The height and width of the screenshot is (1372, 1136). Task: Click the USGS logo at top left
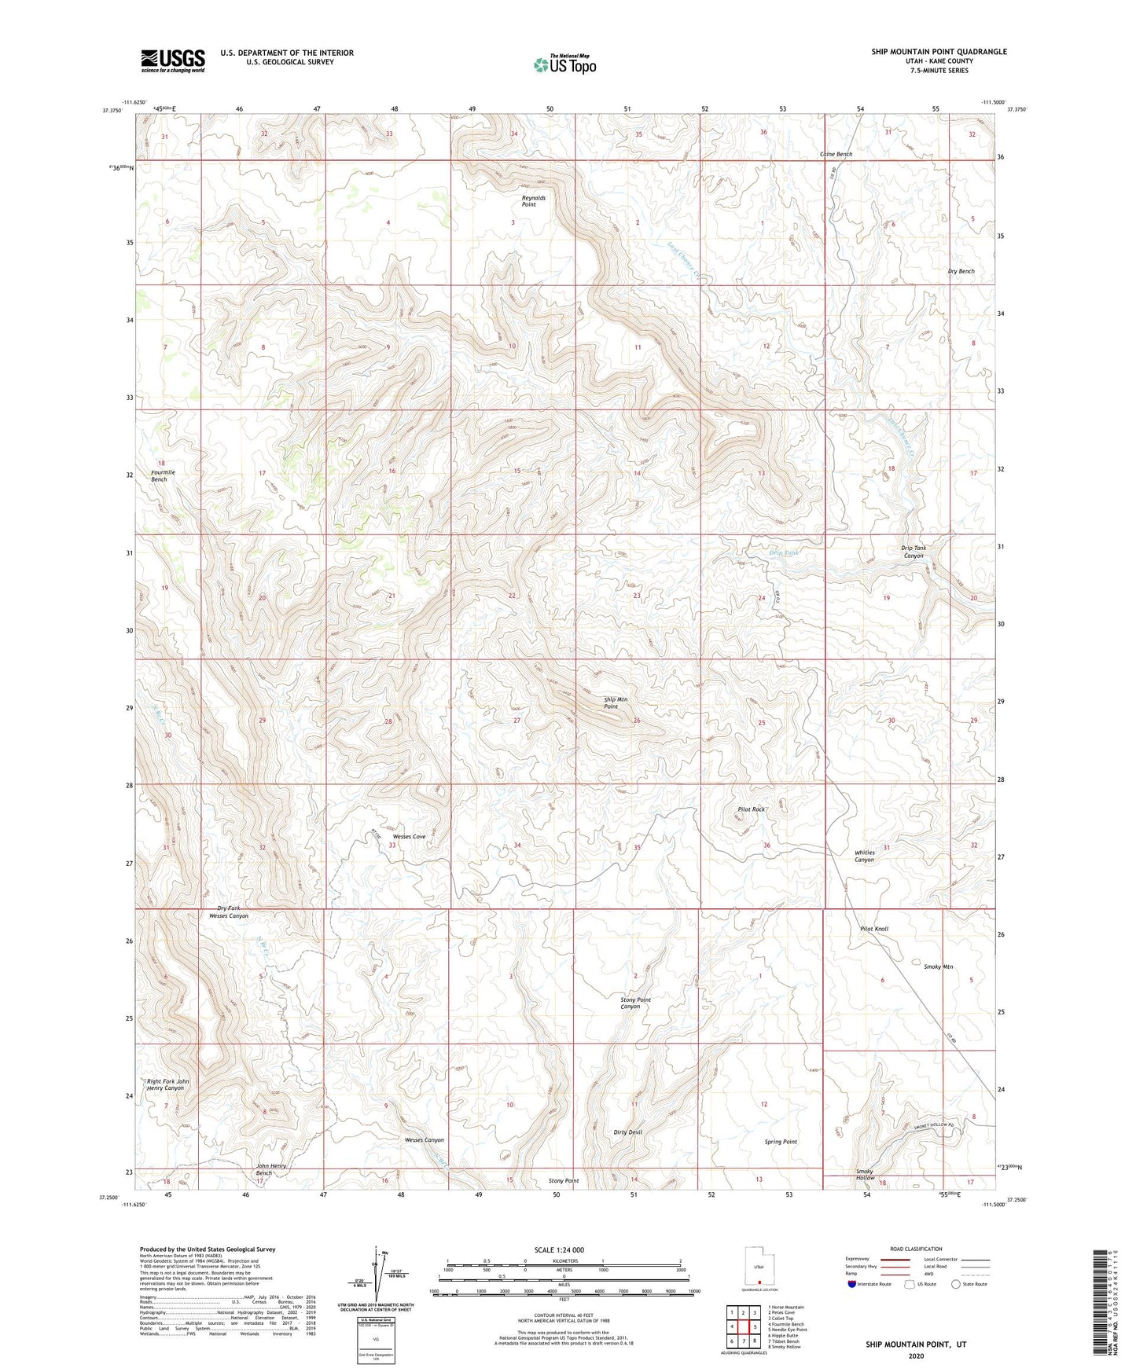click(x=173, y=61)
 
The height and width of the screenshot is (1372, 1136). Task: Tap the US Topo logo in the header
click(x=564, y=64)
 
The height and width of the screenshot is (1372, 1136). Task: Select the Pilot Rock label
click(x=751, y=809)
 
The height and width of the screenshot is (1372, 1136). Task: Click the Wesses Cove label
click(x=409, y=836)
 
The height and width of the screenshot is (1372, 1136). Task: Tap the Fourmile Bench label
click(x=164, y=475)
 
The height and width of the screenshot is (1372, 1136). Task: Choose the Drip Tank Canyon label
click(x=913, y=552)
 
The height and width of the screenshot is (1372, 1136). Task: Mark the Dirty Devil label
click(x=627, y=1132)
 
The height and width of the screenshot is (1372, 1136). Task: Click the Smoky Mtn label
click(x=938, y=967)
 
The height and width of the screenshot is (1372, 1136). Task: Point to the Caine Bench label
click(x=836, y=154)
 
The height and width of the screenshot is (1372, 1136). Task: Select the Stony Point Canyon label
click(x=635, y=1003)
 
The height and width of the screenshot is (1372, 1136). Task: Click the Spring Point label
click(x=781, y=1141)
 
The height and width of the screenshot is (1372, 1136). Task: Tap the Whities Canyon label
click(x=864, y=856)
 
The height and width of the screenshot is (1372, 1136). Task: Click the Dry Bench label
click(x=961, y=271)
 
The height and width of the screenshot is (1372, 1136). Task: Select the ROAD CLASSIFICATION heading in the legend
click(x=916, y=1249)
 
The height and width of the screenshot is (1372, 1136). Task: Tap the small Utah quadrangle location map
click(x=759, y=1267)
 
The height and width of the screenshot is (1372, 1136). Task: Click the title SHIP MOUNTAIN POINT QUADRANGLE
click(x=939, y=52)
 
